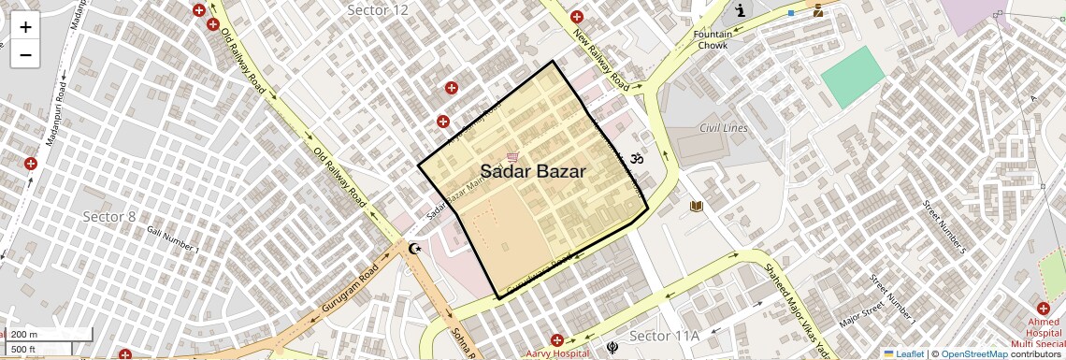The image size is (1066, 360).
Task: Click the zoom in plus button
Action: (x=25, y=26)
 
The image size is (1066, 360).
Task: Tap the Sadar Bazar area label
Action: (x=533, y=172)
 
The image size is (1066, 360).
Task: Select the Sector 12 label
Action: (x=378, y=10)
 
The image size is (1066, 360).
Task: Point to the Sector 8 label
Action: (x=109, y=217)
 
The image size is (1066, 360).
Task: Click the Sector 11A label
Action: (x=664, y=336)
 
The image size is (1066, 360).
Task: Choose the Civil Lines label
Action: (x=724, y=128)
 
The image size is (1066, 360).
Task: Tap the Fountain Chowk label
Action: (x=713, y=39)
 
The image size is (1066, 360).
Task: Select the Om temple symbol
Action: (x=639, y=160)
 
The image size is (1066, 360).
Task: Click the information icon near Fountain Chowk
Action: (x=742, y=11)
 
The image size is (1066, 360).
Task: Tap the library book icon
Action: (x=696, y=206)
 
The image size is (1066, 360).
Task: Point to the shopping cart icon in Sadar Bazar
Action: (x=511, y=156)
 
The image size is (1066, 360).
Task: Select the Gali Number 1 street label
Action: (x=173, y=240)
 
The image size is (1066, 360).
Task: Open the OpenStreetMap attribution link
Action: (x=973, y=354)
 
